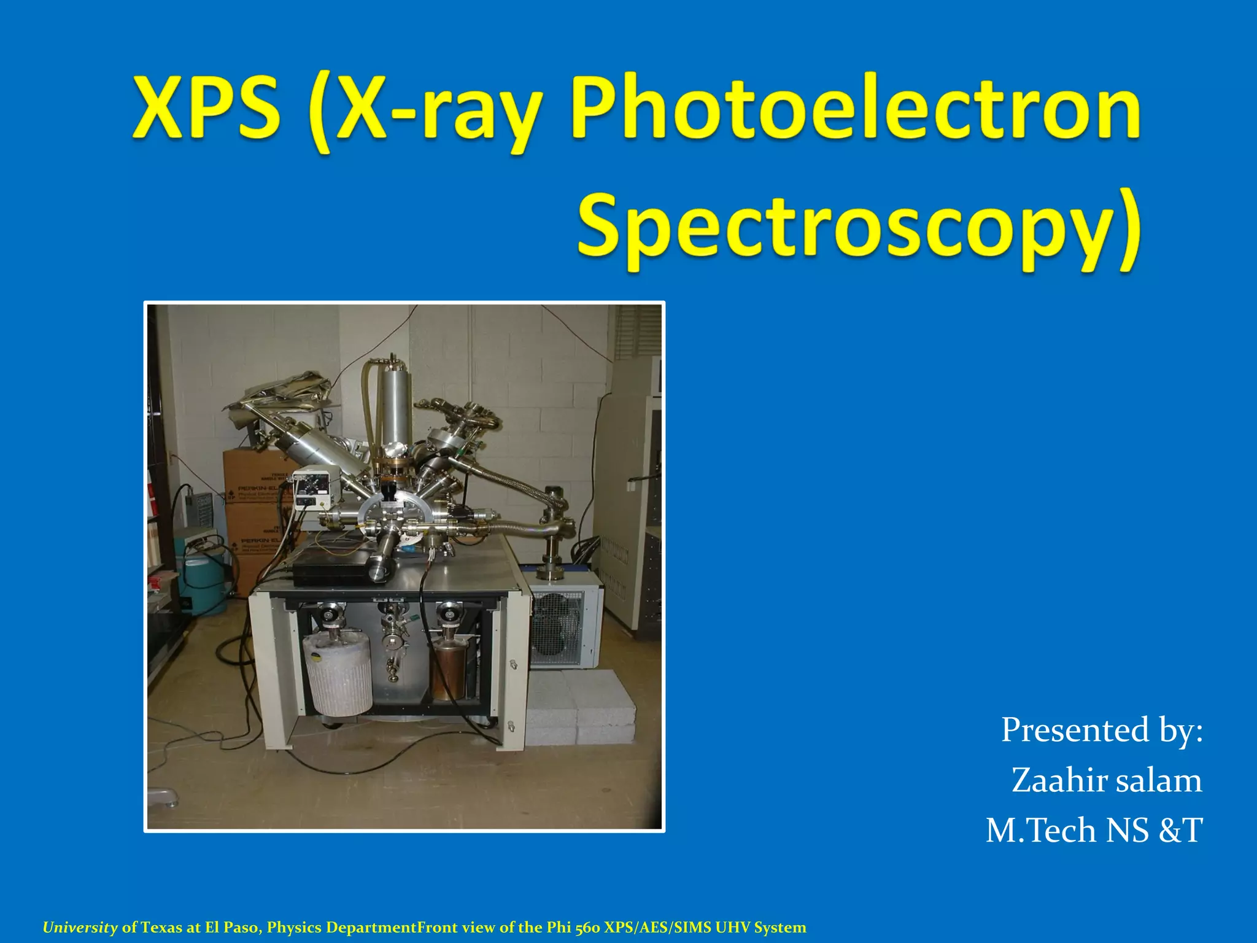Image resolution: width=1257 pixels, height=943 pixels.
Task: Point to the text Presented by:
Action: point(1102,730)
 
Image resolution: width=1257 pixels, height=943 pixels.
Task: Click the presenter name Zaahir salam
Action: point(1107,780)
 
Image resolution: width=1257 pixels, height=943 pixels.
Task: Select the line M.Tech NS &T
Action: point(1094,830)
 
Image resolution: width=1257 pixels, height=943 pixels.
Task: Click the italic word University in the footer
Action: point(80,928)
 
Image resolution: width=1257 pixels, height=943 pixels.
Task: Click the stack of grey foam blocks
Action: point(580,706)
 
